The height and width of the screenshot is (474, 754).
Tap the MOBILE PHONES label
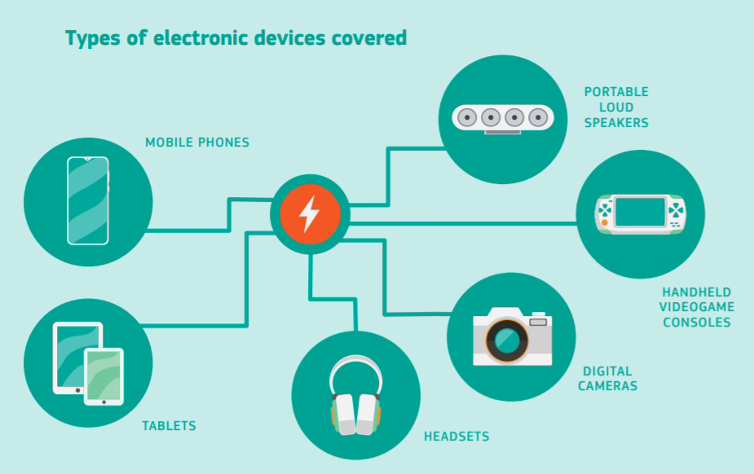pos(197,143)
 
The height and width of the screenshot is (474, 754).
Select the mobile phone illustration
pos(87,200)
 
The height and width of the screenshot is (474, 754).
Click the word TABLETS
pos(169,426)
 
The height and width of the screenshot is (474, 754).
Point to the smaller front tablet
pos(104,376)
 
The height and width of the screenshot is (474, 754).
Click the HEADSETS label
pos(456,437)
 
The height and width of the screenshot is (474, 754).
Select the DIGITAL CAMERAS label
pos(607,378)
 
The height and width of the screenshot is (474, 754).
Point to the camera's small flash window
pos(538,323)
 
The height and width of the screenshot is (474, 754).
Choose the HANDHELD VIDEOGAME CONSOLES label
pos(697,306)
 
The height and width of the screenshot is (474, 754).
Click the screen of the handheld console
pos(641,213)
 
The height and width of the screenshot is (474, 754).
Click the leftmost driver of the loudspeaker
pos(467,117)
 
